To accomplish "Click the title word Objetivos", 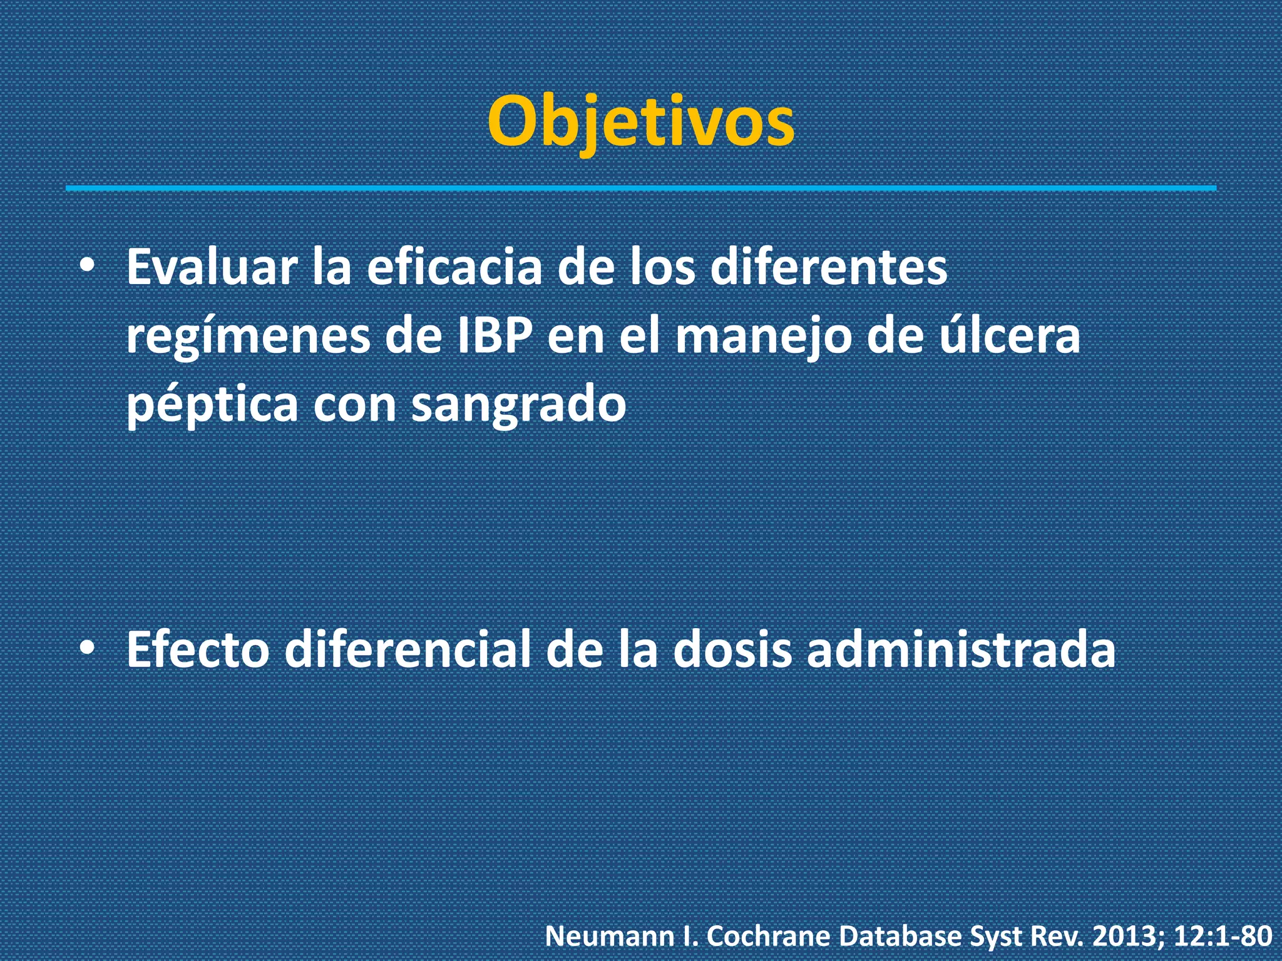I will coord(640,122).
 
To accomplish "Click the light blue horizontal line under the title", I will coord(640,188).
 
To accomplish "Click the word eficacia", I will coord(454,268).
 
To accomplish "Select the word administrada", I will coord(960,650).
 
